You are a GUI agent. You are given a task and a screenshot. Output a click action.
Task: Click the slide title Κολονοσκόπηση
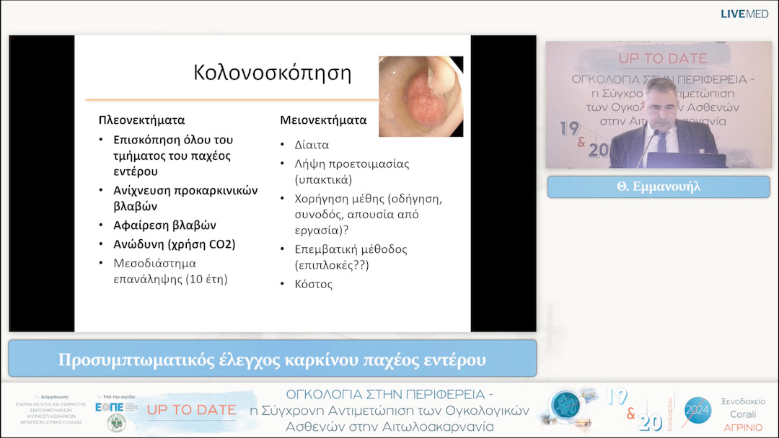(272, 73)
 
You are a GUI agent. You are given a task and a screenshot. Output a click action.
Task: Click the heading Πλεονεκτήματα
(141, 120)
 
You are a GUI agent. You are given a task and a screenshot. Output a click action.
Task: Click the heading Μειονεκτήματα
(323, 120)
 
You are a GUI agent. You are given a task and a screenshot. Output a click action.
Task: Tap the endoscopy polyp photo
(421, 96)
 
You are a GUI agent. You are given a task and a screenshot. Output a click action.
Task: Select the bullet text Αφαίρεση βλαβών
(165, 225)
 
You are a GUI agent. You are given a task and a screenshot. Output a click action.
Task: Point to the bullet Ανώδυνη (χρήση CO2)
(174, 244)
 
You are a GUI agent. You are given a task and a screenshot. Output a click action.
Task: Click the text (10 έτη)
(207, 279)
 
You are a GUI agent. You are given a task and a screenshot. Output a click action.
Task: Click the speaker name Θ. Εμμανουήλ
(658, 187)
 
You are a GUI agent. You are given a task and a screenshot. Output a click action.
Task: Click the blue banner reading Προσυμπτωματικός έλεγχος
(272, 359)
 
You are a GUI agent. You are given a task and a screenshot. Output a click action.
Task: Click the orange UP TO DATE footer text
(191, 410)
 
